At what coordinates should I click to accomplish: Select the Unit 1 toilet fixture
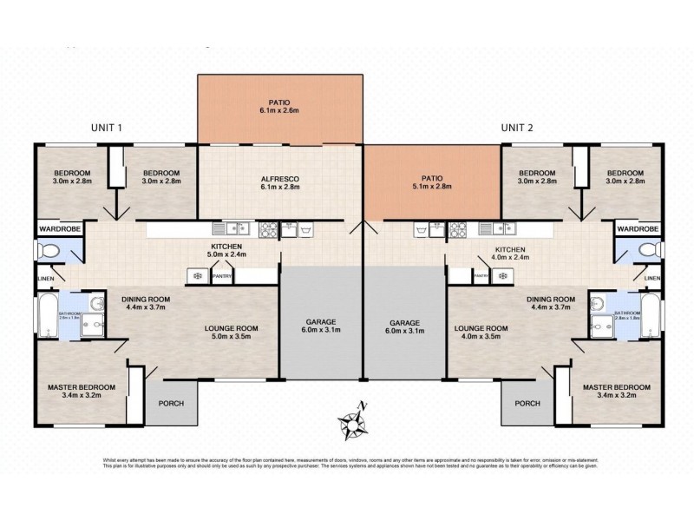click(x=50, y=252)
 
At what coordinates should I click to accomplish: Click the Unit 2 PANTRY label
click(x=481, y=275)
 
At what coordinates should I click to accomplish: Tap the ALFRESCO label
click(x=279, y=180)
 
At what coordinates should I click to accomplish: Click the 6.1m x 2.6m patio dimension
click(x=279, y=111)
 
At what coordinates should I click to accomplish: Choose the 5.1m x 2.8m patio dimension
click(x=431, y=186)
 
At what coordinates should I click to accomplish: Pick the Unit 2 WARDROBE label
click(x=638, y=228)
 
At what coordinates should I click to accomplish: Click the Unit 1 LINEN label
click(x=44, y=279)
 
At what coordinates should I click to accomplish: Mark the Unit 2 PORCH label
click(x=527, y=404)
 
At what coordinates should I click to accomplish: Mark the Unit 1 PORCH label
click(x=170, y=404)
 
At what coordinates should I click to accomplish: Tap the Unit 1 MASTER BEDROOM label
click(x=81, y=387)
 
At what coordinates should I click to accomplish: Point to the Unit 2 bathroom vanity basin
click(x=597, y=303)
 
